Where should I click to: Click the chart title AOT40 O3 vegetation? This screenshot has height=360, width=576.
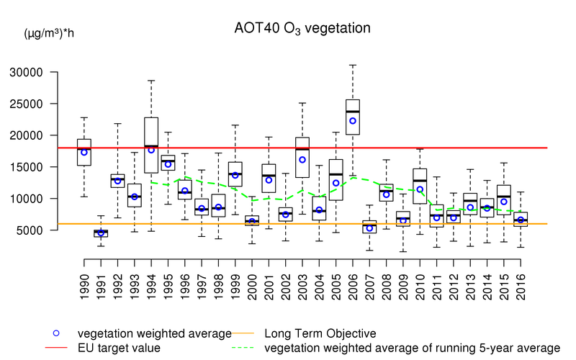[x=302, y=29]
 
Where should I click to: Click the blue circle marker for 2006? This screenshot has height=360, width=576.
[x=353, y=121]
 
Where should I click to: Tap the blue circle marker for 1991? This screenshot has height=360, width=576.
[x=101, y=233]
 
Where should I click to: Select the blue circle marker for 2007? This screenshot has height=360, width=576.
[x=369, y=228]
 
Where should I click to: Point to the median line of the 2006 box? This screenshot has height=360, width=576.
[x=353, y=112]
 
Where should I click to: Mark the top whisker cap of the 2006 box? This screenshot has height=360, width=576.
[x=353, y=65]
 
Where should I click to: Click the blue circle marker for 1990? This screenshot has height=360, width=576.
[x=84, y=152]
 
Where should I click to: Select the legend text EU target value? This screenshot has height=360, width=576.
[x=119, y=348]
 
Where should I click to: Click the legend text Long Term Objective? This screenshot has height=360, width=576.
[x=320, y=333]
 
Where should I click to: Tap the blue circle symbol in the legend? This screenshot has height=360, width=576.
[x=56, y=333]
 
